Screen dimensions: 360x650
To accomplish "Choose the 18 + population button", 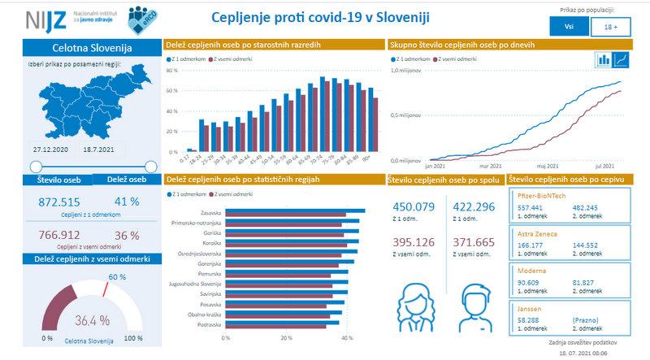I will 611,27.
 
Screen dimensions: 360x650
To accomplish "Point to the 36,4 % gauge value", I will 93,319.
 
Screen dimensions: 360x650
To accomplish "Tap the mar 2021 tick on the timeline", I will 487,164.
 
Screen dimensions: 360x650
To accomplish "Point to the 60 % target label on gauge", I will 117,277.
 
